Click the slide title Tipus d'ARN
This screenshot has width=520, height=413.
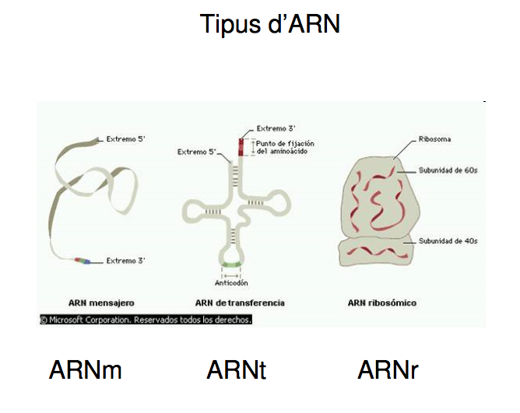[269, 24]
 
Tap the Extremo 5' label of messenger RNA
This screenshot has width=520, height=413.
[125, 139]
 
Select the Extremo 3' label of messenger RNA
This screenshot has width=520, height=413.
[125, 261]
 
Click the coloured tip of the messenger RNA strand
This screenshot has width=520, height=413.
[83, 261]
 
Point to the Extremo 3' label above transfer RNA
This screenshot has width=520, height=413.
[276, 128]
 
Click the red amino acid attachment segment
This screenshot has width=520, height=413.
[241, 147]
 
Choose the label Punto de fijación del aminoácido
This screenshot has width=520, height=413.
[285, 148]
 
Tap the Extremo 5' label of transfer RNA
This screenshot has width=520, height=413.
[197, 152]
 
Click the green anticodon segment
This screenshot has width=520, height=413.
[231, 264]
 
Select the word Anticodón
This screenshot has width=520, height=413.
[231, 283]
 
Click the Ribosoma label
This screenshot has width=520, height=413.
[434, 139]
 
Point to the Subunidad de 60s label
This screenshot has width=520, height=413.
[448, 170]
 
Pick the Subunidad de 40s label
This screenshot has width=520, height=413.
[448, 241]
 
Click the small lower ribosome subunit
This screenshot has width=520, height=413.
[377, 251]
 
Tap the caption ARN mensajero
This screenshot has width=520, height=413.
[101, 303]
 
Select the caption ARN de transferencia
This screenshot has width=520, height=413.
[240, 303]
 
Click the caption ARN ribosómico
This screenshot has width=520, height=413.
[382, 303]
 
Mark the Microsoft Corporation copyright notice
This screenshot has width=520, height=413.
[146, 320]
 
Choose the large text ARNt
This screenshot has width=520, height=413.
[236, 370]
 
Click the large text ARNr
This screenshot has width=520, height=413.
[388, 370]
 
